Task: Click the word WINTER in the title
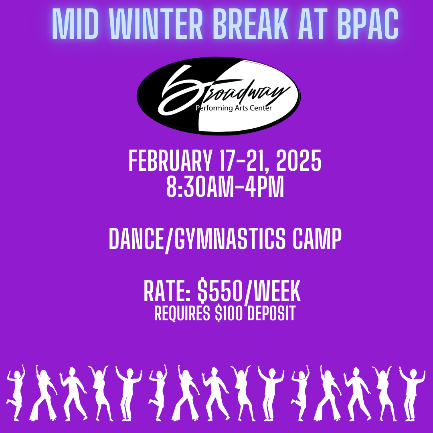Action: tap(156, 24)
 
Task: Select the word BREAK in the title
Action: tap(251, 24)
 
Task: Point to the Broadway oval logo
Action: tap(219, 96)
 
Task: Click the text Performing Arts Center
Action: tap(234, 108)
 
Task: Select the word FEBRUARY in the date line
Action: tap(170, 161)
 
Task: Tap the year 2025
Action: tap(299, 161)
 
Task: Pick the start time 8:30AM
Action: tap(201, 187)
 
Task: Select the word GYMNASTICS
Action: tap(229, 239)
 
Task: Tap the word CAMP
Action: tap(317, 239)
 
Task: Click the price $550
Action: tap(220, 291)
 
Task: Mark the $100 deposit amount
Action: tap(229, 314)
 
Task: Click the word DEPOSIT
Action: tap(271, 314)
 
